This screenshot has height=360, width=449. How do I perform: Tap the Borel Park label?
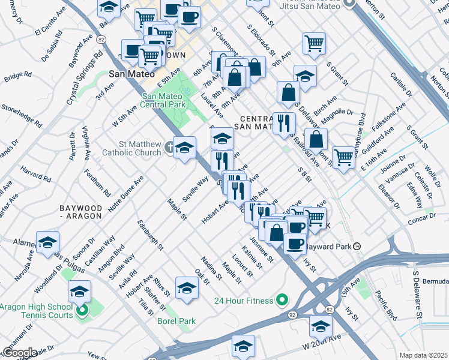(x=176, y=322)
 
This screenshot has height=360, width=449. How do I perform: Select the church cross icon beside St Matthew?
(x=170, y=145)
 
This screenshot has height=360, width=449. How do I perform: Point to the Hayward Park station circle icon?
(x=357, y=246)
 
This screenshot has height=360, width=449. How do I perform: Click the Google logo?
(x=19, y=353)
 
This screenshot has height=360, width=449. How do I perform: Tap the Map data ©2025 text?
(x=423, y=355)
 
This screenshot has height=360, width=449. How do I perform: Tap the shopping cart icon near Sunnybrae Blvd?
(x=343, y=158)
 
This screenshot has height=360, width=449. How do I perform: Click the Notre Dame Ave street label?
(x=126, y=191)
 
